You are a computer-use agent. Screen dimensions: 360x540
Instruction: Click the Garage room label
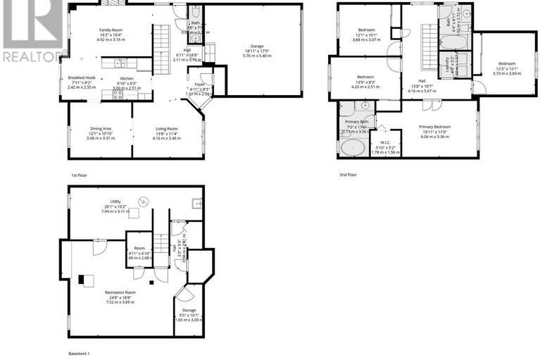(255, 43)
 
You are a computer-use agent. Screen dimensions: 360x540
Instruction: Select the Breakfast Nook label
(81, 77)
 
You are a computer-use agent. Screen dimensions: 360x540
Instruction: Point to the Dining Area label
(100, 129)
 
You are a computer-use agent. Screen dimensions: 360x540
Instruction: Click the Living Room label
(166, 129)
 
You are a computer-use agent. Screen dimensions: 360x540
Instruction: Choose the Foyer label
(201, 85)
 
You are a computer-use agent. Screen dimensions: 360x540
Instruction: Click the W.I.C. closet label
(385, 143)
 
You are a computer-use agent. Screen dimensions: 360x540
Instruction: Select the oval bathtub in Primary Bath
(353, 147)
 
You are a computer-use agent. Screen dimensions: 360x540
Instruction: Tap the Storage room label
(188, 310)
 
